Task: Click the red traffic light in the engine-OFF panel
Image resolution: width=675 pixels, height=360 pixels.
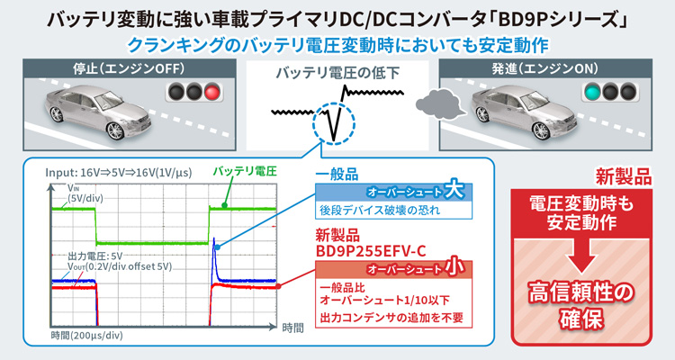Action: tap(212, 92)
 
